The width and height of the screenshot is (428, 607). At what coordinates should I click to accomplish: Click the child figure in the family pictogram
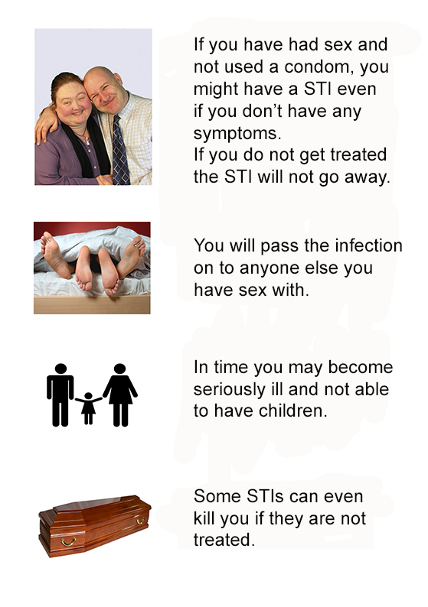coord(88,408)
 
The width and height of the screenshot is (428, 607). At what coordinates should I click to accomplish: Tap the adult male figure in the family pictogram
coord(60,394)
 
